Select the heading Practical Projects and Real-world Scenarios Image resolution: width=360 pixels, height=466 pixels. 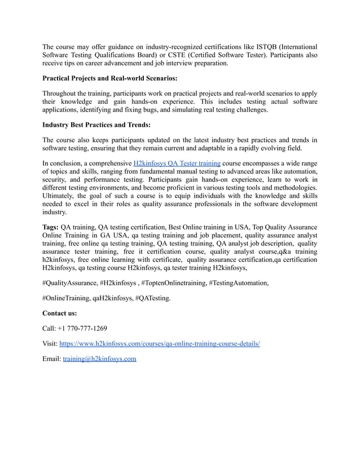[110, 78]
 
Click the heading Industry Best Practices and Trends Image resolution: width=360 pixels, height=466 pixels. [96, 125]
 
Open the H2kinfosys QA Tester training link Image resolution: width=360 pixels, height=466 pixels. [177, 164]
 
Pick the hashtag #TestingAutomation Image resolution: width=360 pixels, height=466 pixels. [239, 282]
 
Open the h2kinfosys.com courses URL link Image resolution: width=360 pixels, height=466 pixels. [160, 344]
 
